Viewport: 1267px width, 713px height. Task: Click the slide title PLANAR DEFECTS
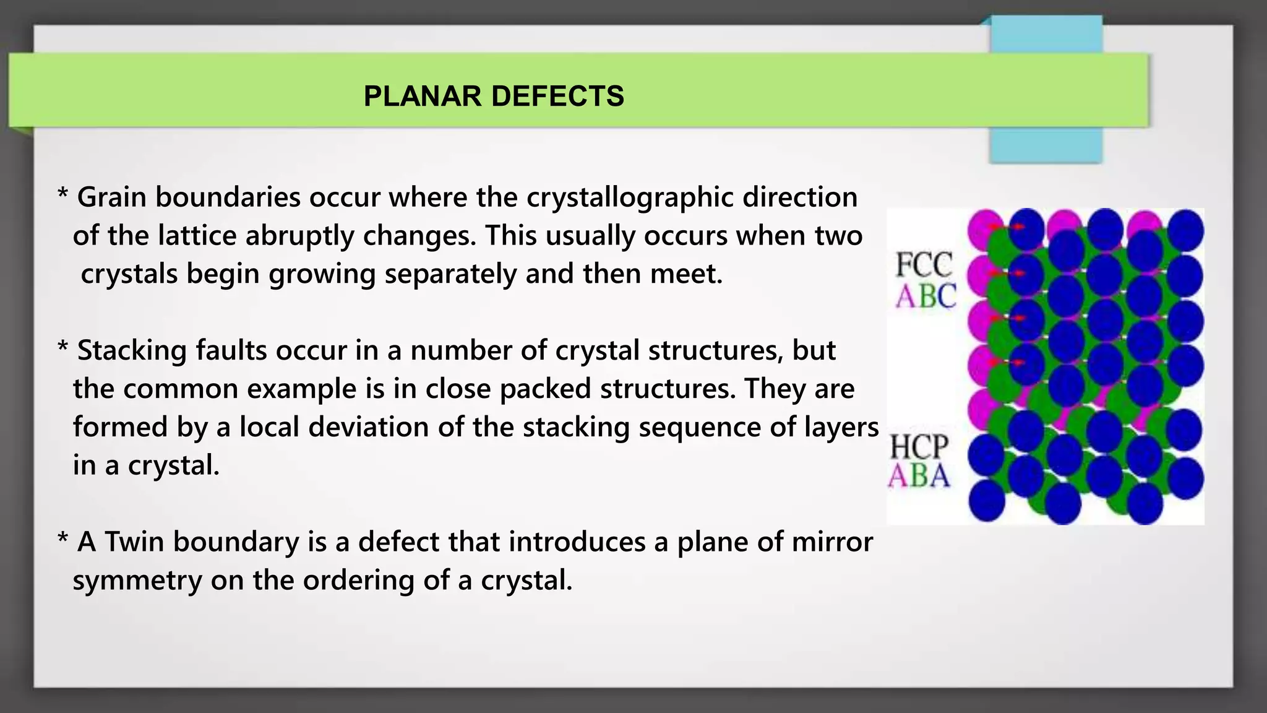coord(494,96)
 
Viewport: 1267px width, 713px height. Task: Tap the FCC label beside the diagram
coord(924,265)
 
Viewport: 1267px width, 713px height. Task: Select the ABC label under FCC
coord(926,296)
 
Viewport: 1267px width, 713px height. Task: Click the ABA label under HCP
coord(919,476)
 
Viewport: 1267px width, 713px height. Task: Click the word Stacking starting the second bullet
coord(132,351)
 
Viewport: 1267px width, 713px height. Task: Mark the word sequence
coord(700,428)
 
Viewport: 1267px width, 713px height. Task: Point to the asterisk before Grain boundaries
coord(62,195)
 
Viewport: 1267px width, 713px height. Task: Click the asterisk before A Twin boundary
coord(62,540)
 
